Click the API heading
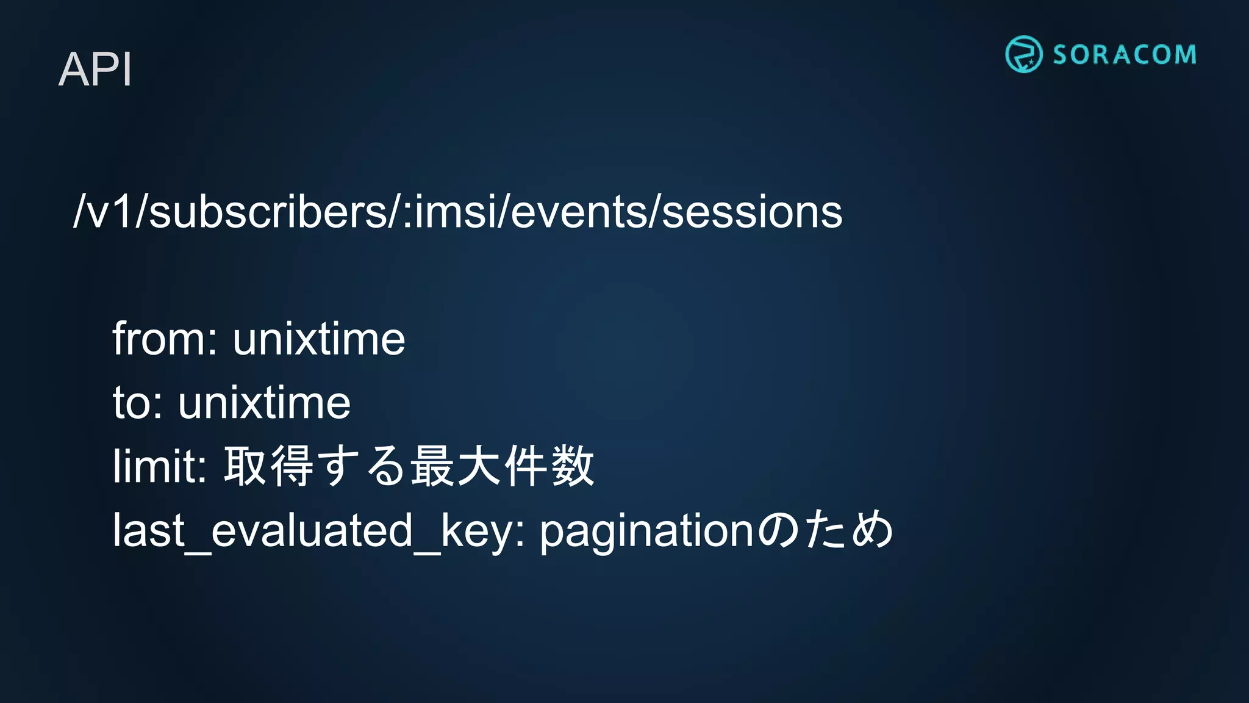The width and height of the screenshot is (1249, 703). pos(95,70)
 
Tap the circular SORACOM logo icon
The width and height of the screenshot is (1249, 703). pos(1023,54)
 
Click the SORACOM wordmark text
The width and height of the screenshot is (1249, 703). pos(1124,55)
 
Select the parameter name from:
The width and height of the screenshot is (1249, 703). pos(165,339)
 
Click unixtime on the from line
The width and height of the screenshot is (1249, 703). pos(318,339)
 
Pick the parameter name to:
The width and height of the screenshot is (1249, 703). pos(138,403)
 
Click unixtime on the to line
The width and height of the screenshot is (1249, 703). pos(264,403)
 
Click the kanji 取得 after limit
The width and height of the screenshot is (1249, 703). pos(269,466)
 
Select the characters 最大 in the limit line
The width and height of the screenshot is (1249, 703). pos(456,466)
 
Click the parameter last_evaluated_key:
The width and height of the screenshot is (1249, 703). pos(319,530)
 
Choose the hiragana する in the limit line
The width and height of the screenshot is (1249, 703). pos(362,466)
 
